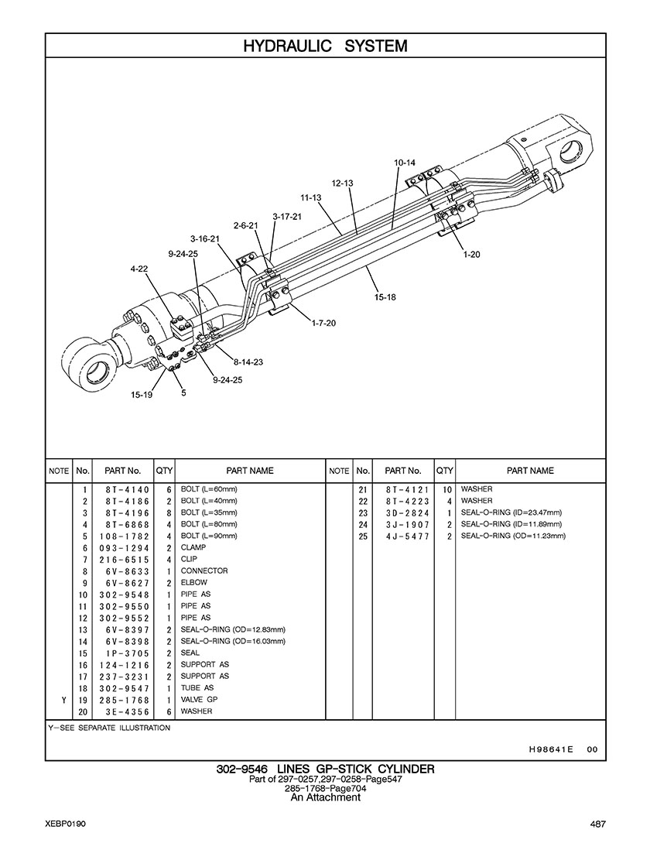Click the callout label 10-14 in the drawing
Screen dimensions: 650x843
404,163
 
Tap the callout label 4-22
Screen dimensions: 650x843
139,269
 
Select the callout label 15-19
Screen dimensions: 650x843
142,395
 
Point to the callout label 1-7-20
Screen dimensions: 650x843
323,323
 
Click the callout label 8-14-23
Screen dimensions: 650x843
248,362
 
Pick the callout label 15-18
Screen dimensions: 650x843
385,296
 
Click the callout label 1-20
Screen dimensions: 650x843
471,255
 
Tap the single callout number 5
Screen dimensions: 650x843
183,393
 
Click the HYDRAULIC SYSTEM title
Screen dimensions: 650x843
325,46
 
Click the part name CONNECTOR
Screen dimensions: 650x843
204,571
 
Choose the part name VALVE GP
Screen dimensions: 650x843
199,700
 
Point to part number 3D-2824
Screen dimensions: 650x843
408,513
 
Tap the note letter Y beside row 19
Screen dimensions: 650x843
64,700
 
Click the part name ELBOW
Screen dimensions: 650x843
194,582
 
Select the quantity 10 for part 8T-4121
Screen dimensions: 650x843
446,490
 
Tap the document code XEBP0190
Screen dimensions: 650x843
66,824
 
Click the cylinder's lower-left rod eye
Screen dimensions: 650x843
89,365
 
